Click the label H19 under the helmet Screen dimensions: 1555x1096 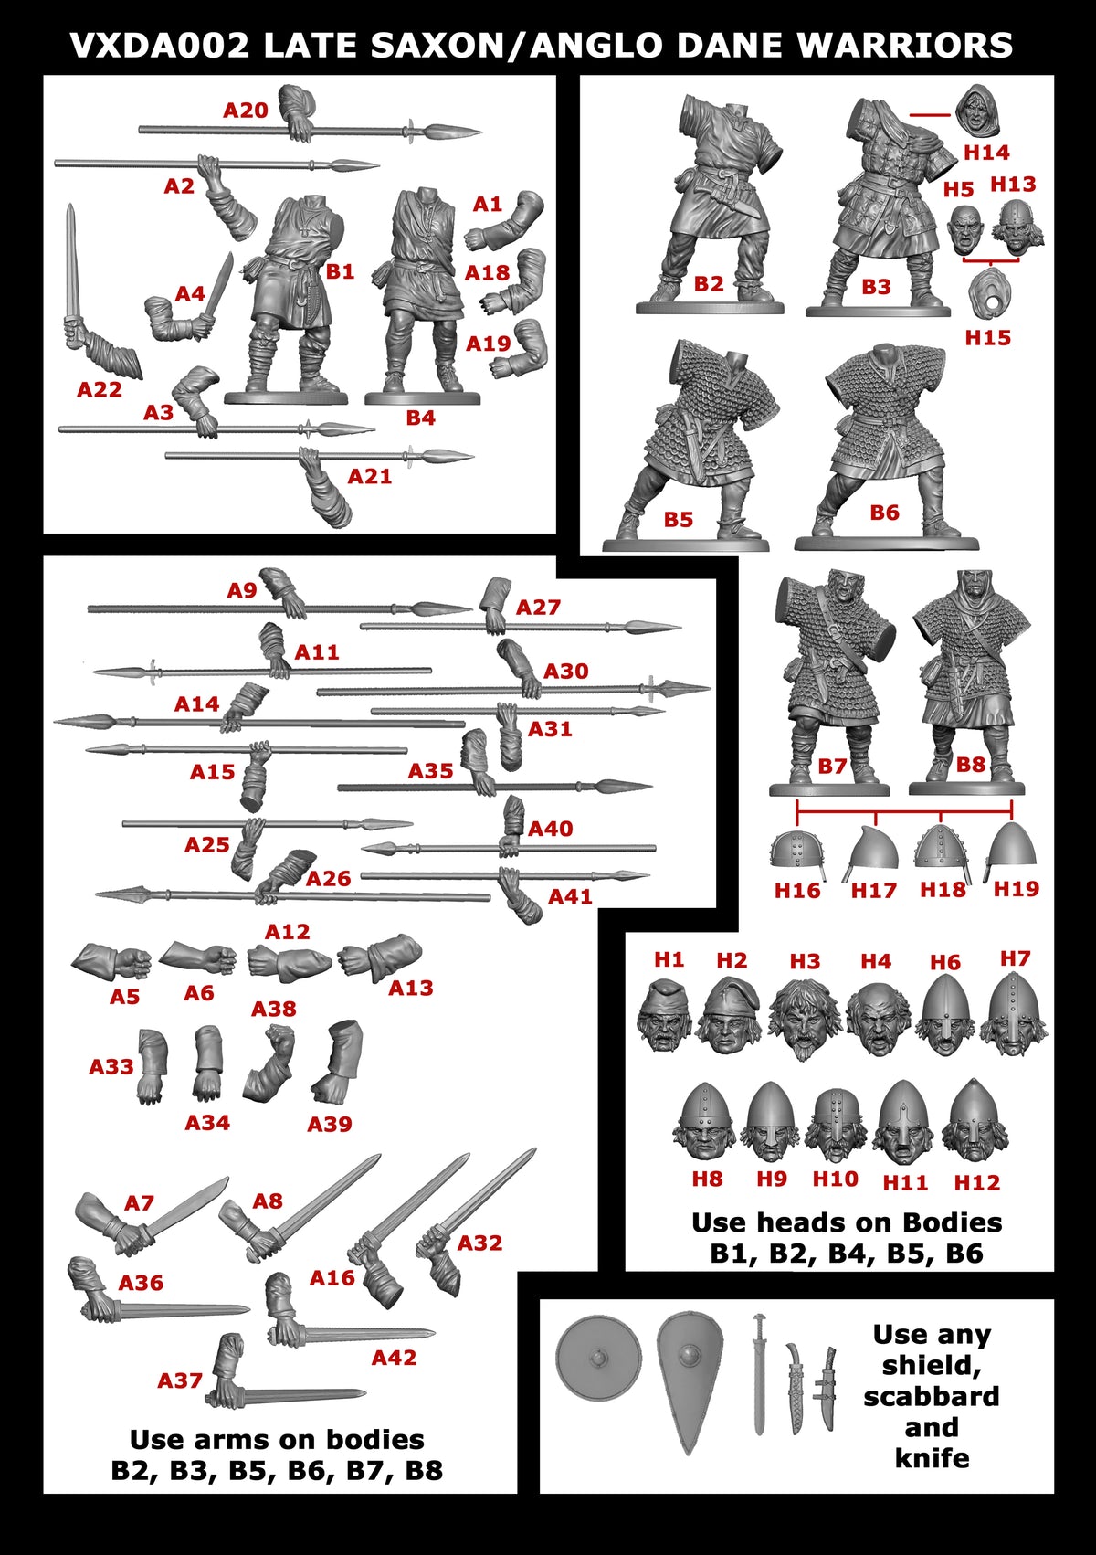1016,888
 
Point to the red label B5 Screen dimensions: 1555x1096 678,519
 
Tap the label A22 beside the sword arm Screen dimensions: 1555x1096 99,389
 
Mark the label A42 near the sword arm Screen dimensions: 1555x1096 394,1358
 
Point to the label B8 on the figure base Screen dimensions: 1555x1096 970,764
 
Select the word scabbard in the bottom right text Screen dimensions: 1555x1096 931,1396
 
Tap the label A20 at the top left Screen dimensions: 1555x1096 246,111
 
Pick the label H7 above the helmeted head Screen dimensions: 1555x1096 1015,958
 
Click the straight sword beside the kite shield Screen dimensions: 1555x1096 759,1370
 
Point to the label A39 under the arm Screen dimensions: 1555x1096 329,1124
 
